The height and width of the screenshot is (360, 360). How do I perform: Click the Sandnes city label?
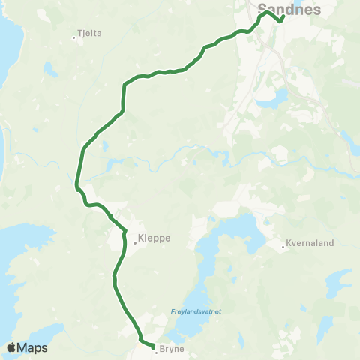(289, 10)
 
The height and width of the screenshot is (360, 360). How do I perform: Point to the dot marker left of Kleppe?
(135, 241)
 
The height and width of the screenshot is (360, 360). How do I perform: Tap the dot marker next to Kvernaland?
(283, 245)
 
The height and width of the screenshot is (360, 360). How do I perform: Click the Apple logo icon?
(11, 347)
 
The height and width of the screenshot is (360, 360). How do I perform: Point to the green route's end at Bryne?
(152, 346)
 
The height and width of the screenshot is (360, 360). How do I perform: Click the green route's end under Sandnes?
(280, 21)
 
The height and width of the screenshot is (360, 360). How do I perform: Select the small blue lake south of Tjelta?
(51, 70)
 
